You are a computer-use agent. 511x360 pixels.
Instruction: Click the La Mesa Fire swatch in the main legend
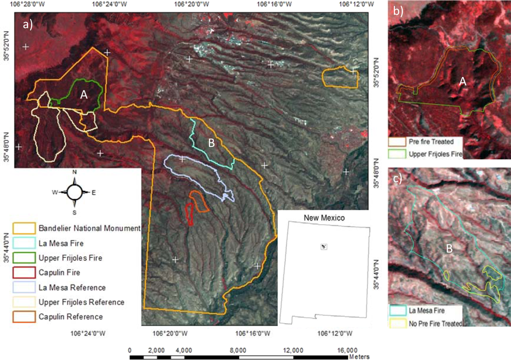(x=25, y=243)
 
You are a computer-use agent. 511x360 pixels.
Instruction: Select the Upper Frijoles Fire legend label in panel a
(x=70, y=258)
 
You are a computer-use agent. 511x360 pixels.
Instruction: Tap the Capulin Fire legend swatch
(x=25, y=273)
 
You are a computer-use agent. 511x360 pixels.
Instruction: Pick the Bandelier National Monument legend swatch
(x=25, y=228)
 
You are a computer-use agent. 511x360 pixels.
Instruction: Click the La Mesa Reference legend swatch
(x=25, y=287)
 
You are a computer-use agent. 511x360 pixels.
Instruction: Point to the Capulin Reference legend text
(x=71, y=317)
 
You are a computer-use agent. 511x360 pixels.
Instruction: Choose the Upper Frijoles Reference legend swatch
(x=25, y=302)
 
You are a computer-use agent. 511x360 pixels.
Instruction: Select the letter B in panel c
(x=449, y=249)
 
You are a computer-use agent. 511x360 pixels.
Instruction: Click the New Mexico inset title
(x=324, y=218)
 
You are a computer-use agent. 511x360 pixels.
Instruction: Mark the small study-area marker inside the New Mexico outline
(x=323, y=247)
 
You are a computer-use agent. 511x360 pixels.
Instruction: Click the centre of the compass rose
(x=74, y=193)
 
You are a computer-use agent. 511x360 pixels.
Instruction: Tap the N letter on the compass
(x=75, y=173)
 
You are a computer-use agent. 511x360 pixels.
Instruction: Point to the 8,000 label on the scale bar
(x=239, y=350)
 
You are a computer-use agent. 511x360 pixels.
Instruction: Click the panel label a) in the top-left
(x=28, y=25)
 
